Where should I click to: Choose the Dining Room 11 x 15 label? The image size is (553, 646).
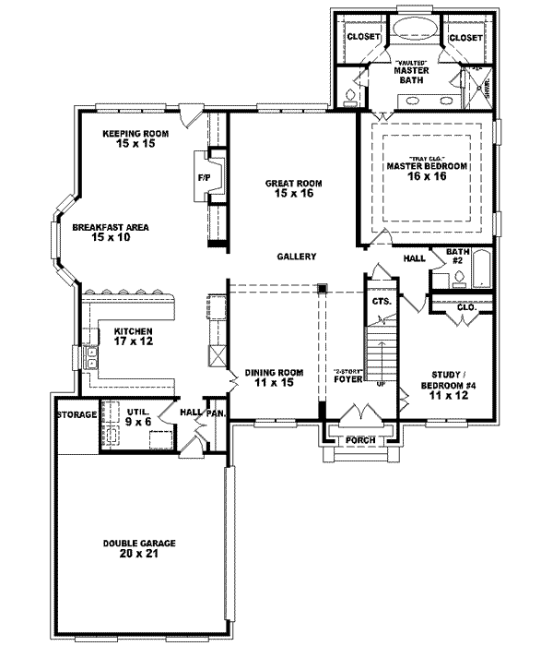(x=269, y=377)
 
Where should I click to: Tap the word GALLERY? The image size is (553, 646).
(x=295, y=257)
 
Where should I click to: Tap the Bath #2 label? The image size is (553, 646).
(x=457, y=256)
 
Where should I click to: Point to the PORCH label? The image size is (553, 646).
(x=359, y=440)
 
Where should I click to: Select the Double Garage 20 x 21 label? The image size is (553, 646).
(x=140, y=549)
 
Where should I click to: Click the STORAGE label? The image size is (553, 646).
(x=76, y=415)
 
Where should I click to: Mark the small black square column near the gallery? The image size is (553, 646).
(x=322, y=289)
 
